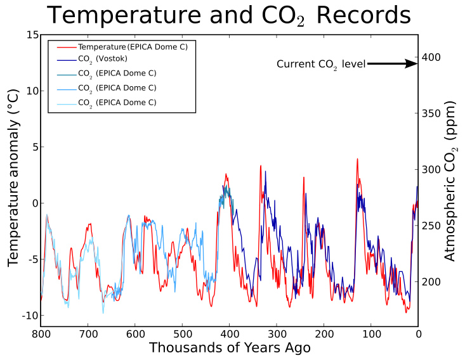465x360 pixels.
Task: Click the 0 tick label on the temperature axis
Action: tap(33, 203)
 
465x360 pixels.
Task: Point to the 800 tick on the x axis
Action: tap(41, 333)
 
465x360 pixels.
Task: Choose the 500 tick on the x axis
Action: tap(182, 333)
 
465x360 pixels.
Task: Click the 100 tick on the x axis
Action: tap(371, 333)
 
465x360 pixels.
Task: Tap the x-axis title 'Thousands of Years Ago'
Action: tap(230, 349)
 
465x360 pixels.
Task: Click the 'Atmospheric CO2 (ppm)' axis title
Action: tap(451, 181)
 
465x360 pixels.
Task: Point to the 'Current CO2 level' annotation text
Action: tap(321, 64)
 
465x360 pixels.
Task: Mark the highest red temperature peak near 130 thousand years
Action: tap(357, 159)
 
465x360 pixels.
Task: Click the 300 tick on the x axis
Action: tap(277, 333)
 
